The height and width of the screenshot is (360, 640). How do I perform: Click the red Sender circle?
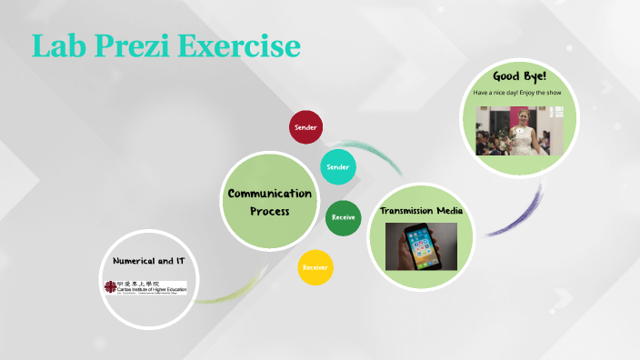(x=306, y=126)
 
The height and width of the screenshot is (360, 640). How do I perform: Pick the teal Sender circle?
(x=337, y=167)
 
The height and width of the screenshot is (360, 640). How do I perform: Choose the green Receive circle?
(x=343, y=217)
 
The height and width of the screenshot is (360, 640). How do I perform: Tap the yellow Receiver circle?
(x=315, y=267)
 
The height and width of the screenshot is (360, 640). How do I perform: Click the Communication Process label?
(x=269, y=202)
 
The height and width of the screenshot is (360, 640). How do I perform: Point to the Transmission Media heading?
(x=422, y=211)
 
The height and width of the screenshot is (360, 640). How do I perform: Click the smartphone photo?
(x=421, y=246)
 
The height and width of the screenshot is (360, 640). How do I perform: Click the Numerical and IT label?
(x=149, y=261)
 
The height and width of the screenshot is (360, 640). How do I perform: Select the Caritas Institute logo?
(x=145, y=287)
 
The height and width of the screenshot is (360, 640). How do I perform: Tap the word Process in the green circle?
(x=269, y=211)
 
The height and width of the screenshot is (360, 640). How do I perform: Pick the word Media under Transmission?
(x=446, y=211)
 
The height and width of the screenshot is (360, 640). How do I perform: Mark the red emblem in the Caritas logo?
(x=109, y=287)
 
